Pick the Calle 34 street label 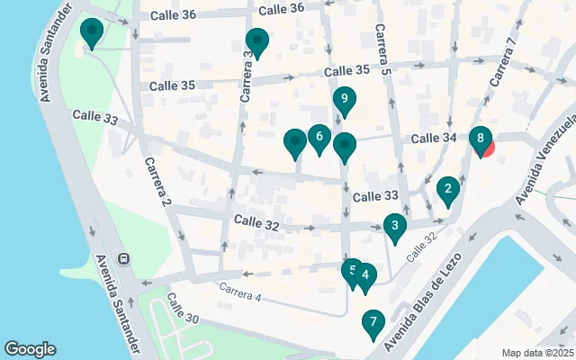coord(436,139)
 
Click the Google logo coord(30,349)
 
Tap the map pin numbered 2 coord(446,190)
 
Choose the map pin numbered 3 coord(394,226)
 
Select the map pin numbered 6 coord(319,138)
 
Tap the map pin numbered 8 coord(481,139)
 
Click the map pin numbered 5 coord(352,271)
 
